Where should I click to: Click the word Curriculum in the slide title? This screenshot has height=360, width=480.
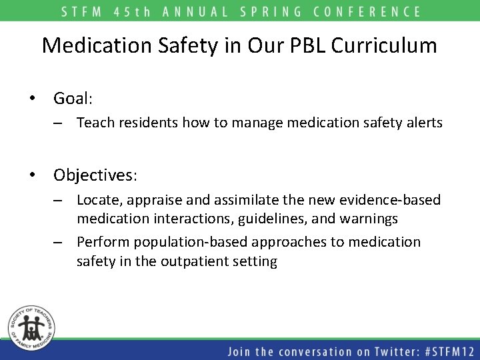[384, 45]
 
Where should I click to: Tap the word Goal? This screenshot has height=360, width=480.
[73, 99]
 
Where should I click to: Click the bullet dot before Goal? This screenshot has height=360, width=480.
[31, 99]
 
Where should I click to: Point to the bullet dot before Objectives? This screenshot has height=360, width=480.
[31, 175]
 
